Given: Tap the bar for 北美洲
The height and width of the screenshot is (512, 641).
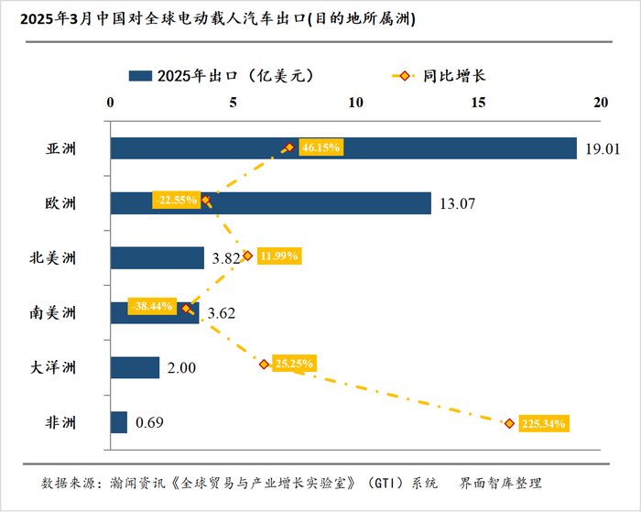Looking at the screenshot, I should [157, 258].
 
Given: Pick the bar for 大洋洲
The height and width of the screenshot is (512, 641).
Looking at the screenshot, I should [135, 368].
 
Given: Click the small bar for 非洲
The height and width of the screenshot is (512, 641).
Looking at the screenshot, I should [119, 422].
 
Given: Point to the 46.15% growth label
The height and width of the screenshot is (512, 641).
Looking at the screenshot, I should [320, 147].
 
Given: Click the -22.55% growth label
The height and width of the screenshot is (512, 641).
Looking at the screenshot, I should [177, 199].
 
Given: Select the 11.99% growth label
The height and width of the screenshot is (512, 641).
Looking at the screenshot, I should [279, 256].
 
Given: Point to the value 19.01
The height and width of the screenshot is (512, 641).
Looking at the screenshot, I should [601, 149].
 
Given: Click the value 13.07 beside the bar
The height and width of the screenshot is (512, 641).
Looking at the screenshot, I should [455, 203].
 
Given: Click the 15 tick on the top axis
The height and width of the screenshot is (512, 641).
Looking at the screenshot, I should [478, 103].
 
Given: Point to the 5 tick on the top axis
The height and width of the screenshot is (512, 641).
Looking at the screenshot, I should [233, 103].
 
